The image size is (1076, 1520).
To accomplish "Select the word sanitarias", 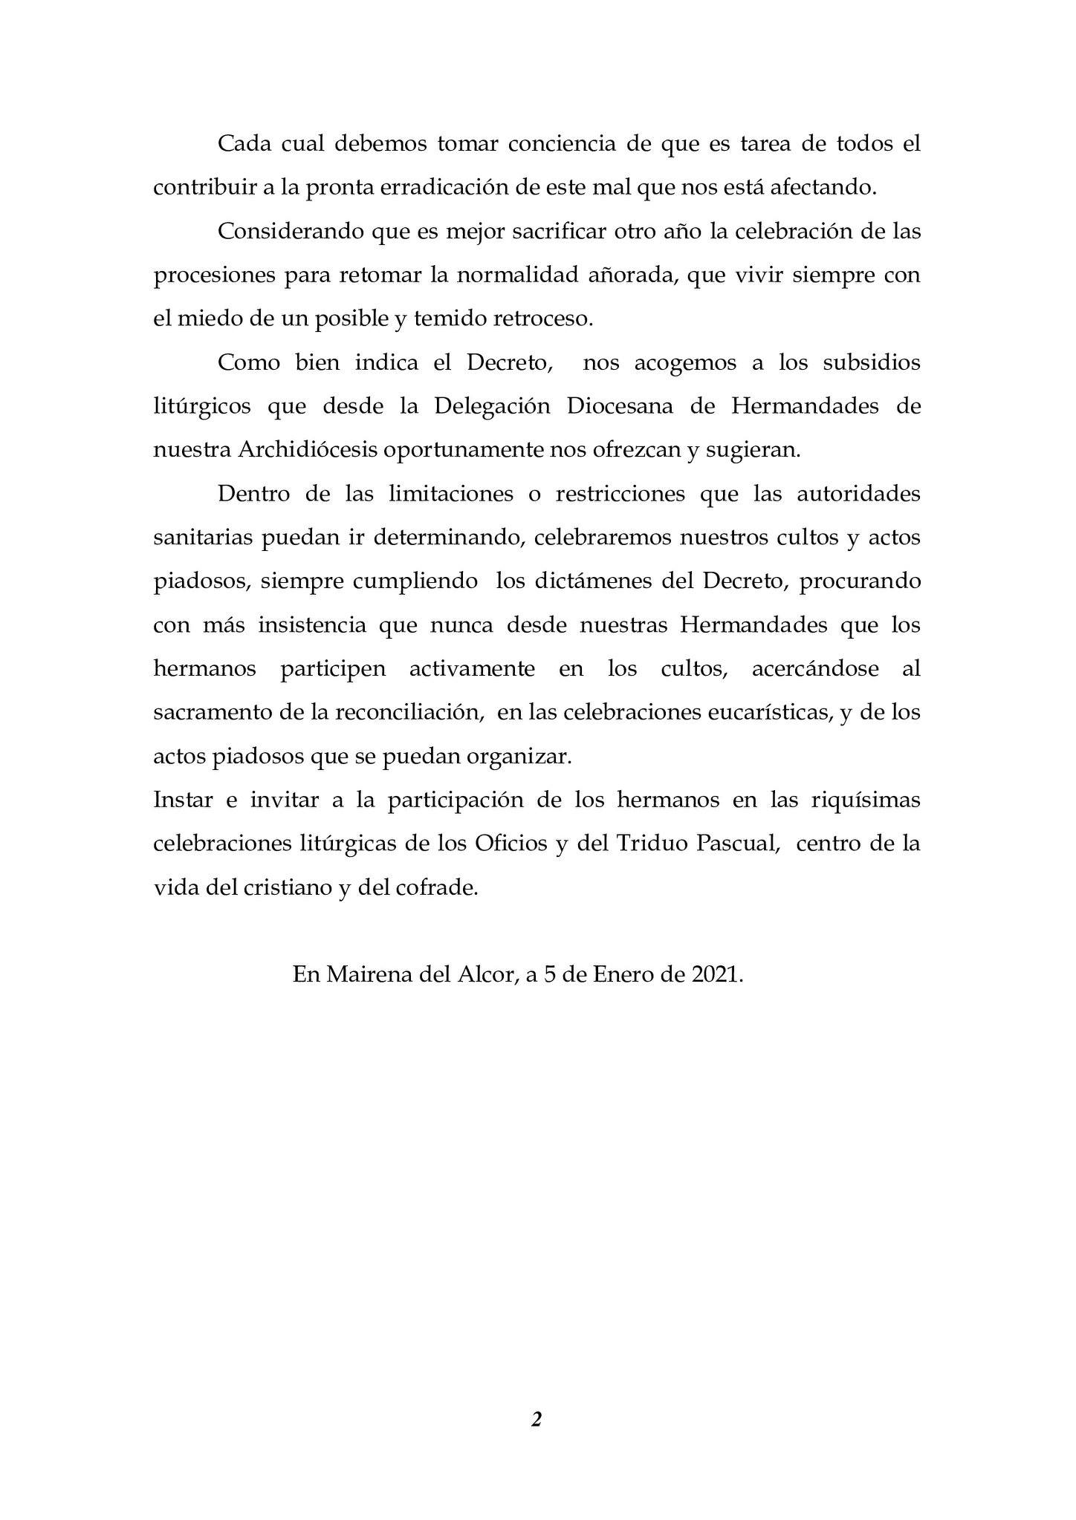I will [x=202, y=538].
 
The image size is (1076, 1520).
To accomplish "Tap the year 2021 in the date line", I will [x=716, y=974].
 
